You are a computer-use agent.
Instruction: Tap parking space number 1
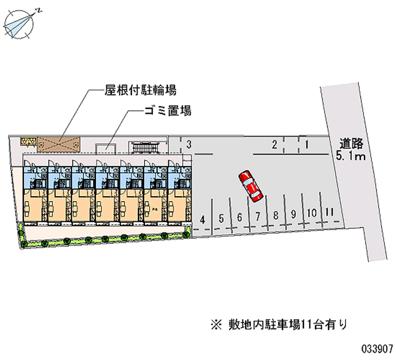[x=307, y=145]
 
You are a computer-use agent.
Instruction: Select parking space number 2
[x=274, y=145]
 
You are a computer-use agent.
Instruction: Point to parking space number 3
[x=189, y=145]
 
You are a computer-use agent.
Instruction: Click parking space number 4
[x=202, y=218]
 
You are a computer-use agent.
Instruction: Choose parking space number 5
[x=221, y=217]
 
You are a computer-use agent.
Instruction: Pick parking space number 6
[x=240, y=217]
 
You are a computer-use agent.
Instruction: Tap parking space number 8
[x=276, y=215]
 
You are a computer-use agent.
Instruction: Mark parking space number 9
[x=294, y=214]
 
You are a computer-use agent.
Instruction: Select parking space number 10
[x=312, y=213]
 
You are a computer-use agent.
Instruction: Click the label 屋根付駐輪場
[x=140, y=91]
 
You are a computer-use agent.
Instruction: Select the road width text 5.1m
[x=350, y=157]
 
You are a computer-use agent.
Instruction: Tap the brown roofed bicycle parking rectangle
[x=59, y=143]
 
